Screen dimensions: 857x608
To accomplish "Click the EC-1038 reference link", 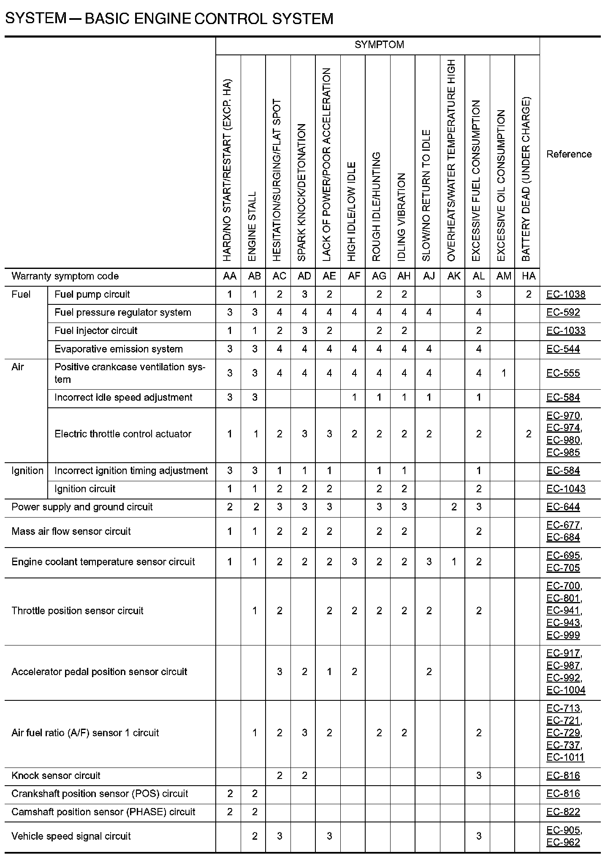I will point(566,294).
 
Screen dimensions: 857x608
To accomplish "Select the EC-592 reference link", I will point(563,312).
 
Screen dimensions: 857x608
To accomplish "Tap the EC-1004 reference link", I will point(566,690).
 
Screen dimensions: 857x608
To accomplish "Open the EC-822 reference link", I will point(563,812).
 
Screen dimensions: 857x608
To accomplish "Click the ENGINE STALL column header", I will point(252,227).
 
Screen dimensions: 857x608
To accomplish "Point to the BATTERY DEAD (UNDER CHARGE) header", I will point(526,179).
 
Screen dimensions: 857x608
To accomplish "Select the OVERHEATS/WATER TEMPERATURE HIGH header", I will point(451,160).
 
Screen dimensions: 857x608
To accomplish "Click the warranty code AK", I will point(454,276).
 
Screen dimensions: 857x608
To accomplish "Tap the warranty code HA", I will point(529,276).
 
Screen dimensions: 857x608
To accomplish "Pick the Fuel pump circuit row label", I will point(92,294).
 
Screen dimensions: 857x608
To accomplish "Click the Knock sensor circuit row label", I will point(56,776).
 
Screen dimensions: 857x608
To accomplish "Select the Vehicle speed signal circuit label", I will point(71,836).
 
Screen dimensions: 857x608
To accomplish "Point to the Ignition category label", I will point(27,471).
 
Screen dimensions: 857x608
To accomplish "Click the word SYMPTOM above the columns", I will point(379,45).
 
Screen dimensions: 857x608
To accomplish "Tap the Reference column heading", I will point(569,154).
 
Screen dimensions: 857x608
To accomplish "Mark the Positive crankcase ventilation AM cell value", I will point(503,373).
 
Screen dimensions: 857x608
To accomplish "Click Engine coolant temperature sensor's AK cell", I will point(454,562).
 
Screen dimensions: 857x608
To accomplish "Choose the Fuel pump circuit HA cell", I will point(529,294).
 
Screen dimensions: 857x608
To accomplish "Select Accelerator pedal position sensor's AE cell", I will point(329,672).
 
